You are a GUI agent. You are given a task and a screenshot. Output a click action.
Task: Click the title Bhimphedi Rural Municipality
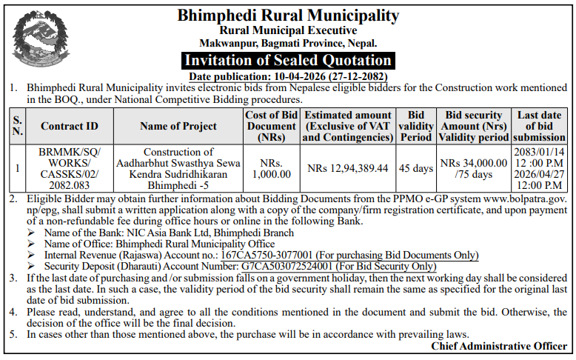[288, 16]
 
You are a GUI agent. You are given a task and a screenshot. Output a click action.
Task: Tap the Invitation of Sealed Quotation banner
[288, 60]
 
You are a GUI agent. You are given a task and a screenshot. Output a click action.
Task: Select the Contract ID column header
[70, 126]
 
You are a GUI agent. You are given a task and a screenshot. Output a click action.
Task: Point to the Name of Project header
[178, 126]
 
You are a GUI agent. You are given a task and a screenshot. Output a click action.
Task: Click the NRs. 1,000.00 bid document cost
[271, 168]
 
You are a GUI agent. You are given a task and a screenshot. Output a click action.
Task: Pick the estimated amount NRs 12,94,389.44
[348, 168]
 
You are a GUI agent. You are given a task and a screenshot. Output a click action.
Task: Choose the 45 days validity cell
[415, 168]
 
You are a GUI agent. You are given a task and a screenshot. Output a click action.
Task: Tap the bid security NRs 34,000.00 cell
[474, 168]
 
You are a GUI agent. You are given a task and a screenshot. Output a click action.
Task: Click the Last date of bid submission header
[539, 126]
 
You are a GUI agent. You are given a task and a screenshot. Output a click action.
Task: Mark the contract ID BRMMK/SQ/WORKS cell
[70, 168]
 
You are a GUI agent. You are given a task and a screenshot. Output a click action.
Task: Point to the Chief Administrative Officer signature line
[499, 346]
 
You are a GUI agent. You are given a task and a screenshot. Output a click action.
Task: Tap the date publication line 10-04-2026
[288, 76]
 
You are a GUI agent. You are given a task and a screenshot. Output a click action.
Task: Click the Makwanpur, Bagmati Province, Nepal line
[288, 44]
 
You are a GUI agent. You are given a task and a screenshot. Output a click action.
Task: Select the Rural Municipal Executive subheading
[288, 31]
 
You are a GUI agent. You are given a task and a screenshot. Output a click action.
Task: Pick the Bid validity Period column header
[415, 126]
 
